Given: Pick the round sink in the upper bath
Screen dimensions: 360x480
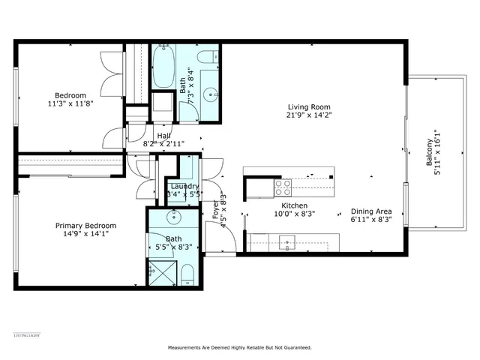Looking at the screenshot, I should pyautogui.click(x=210, y=94).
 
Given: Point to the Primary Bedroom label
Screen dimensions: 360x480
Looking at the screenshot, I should pyautogui.click(x=85, y=225).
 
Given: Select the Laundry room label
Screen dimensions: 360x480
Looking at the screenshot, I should pyautogui.click(x=184, y=187).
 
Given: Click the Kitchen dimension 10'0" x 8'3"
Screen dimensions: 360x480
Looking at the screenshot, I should pyautogui.click(x=295, y=214).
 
